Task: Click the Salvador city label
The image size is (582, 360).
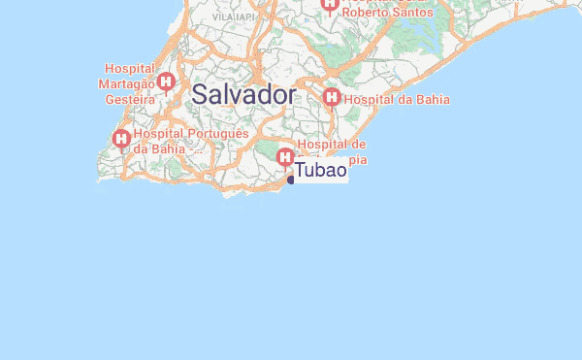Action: tap(243, 95)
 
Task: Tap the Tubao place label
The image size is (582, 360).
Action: tap(320, 171)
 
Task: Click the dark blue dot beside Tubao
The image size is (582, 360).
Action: tap(291, 179)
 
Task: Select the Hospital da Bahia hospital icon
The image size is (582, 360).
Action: tap(332, 98)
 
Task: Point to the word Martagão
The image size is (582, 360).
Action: tap(130, 83)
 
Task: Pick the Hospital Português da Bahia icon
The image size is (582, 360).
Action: tap(122, 140)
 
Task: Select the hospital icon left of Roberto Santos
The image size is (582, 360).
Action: tap(330, 6)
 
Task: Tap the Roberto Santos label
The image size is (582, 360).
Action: tap(386, 12)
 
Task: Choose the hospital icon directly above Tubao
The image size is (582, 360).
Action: tap(285, 156)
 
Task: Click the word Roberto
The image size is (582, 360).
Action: tap(365, 12)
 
